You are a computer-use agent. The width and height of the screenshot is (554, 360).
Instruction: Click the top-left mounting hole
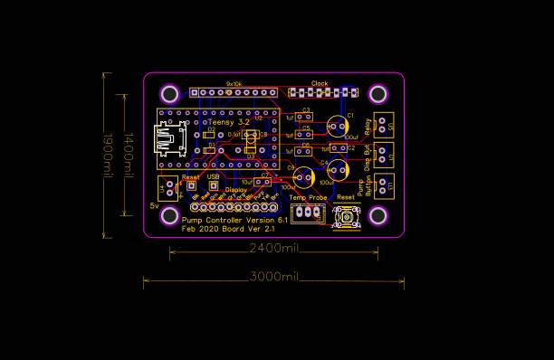point(169,93)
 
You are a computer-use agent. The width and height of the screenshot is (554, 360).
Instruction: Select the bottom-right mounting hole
point(377,216)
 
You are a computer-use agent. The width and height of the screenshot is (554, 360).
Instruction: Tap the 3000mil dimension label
point(274,275)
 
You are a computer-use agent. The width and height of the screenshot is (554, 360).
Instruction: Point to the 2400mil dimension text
point(274,247)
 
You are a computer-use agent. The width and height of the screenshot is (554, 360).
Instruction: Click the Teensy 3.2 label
point(229,121)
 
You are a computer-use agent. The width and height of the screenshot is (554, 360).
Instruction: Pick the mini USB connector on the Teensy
point(169,140)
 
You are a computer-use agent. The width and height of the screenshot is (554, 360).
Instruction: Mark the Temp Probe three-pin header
point(310,212)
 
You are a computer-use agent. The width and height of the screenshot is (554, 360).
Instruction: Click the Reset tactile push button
point(346,216)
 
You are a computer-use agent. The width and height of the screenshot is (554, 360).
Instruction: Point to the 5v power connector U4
point(167,188)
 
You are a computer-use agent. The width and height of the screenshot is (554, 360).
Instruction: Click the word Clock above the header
point(320,83)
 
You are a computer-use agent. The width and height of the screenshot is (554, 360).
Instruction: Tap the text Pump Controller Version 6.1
point(234,220)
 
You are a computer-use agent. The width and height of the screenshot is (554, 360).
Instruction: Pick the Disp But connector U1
point(382,154)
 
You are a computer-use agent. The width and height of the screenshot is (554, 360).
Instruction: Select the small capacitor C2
point(339,147)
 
